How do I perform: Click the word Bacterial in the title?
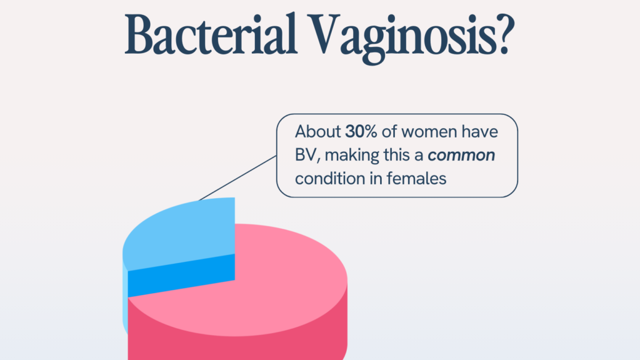coord(210,35)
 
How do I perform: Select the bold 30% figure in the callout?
coord(361,132)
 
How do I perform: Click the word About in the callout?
coord(318,132)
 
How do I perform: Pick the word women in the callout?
coord(429,132)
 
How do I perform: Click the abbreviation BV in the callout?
coord(305,156)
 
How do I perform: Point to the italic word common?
coord(461,156)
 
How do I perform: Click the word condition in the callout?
coord(330,179)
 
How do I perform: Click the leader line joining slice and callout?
coord(237,178)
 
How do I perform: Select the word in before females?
coord(376,179)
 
